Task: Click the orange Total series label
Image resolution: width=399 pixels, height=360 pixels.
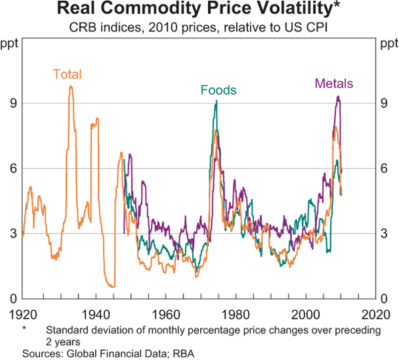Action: coord(66,75)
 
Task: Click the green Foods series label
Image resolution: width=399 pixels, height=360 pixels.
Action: coord(218,90)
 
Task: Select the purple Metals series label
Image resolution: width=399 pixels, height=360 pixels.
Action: coord(334,84)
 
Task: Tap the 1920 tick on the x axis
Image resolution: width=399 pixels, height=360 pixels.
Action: coord(23,313)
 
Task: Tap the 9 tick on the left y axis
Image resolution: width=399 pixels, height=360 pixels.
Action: coord(11,104)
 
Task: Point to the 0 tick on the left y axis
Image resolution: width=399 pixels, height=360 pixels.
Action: coord(11,299)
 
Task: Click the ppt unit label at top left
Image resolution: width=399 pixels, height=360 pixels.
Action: coord(11,45)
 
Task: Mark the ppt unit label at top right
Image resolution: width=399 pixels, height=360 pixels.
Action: coord(386,45)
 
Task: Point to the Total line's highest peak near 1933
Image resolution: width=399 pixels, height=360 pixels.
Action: coord(70,86)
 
